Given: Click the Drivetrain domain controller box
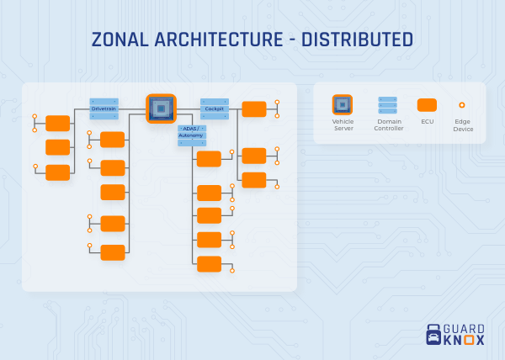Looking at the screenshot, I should point(104,109).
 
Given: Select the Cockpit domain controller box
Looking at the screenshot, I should point(215,109).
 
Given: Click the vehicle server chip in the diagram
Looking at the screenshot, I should point(160,108).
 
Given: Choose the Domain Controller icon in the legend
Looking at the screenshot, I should point(388,105).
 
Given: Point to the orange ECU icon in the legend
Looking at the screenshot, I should point(428,105).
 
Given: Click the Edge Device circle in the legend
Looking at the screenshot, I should point(461,105).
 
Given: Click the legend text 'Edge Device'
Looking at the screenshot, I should point(463,126).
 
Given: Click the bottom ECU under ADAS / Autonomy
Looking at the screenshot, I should point(209,263).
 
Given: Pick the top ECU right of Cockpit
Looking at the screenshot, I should point(254,109).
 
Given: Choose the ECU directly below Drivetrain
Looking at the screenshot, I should point(113,139).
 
